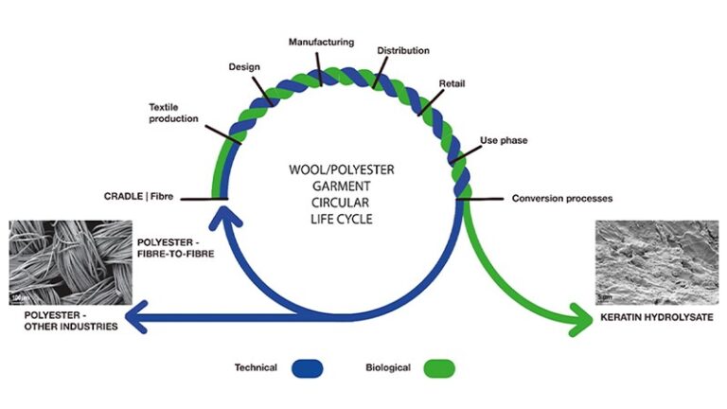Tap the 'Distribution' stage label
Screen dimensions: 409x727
point(403,50)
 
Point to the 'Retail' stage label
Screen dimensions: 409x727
point(452,83)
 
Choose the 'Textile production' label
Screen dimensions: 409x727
point(173,113)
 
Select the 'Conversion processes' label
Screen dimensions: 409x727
point(562,199)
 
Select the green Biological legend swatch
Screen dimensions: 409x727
point(439,367)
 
